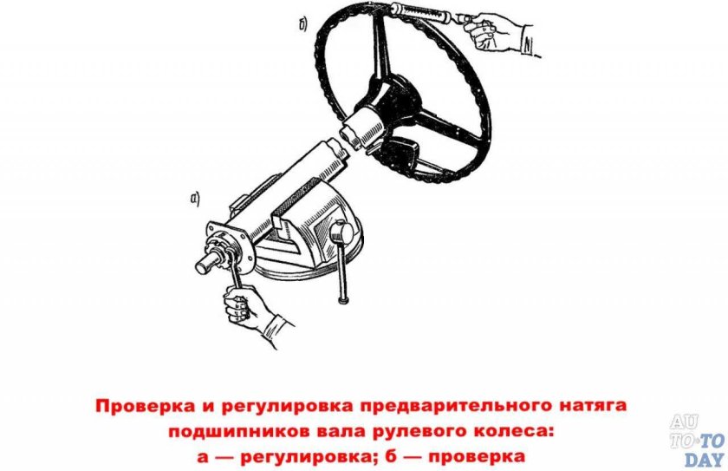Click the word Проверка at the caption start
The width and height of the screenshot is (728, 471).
click(x=138, y=406)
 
